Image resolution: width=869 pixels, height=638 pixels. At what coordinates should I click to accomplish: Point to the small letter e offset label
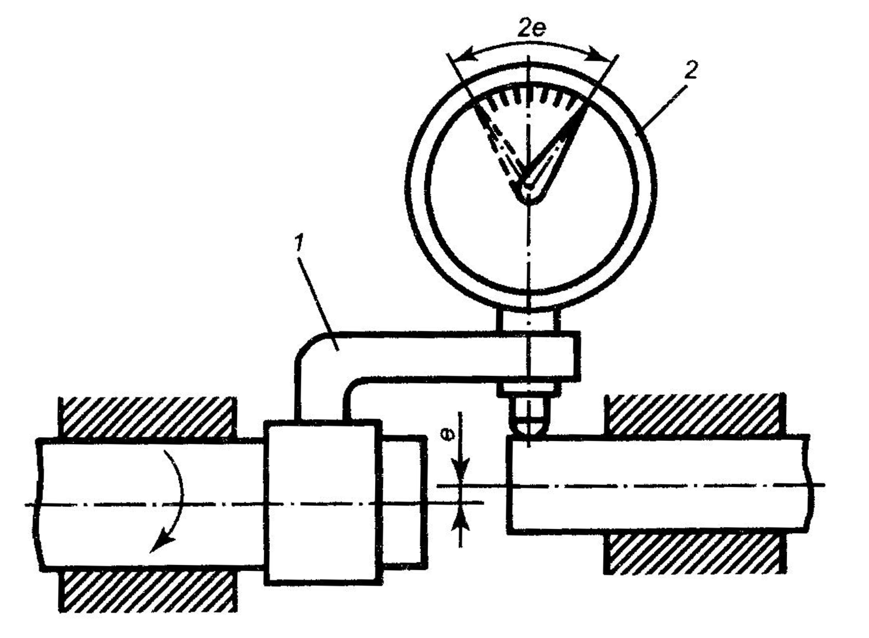click(450, 435)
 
